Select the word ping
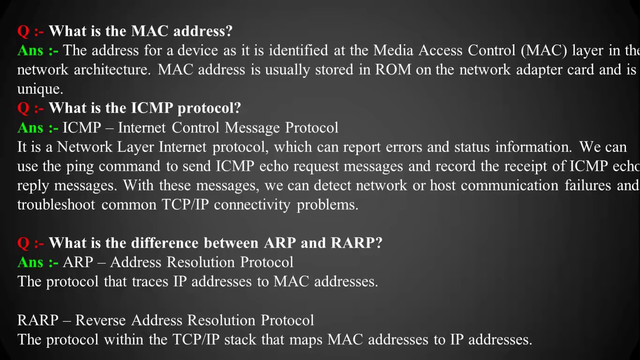[80, 166]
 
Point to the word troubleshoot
[56, 205]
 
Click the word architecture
[111, 69]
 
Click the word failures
[588, 185]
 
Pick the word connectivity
[252, 205]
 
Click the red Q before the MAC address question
[23, 31]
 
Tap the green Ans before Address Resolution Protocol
[30, 262]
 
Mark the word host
[442, 185]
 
